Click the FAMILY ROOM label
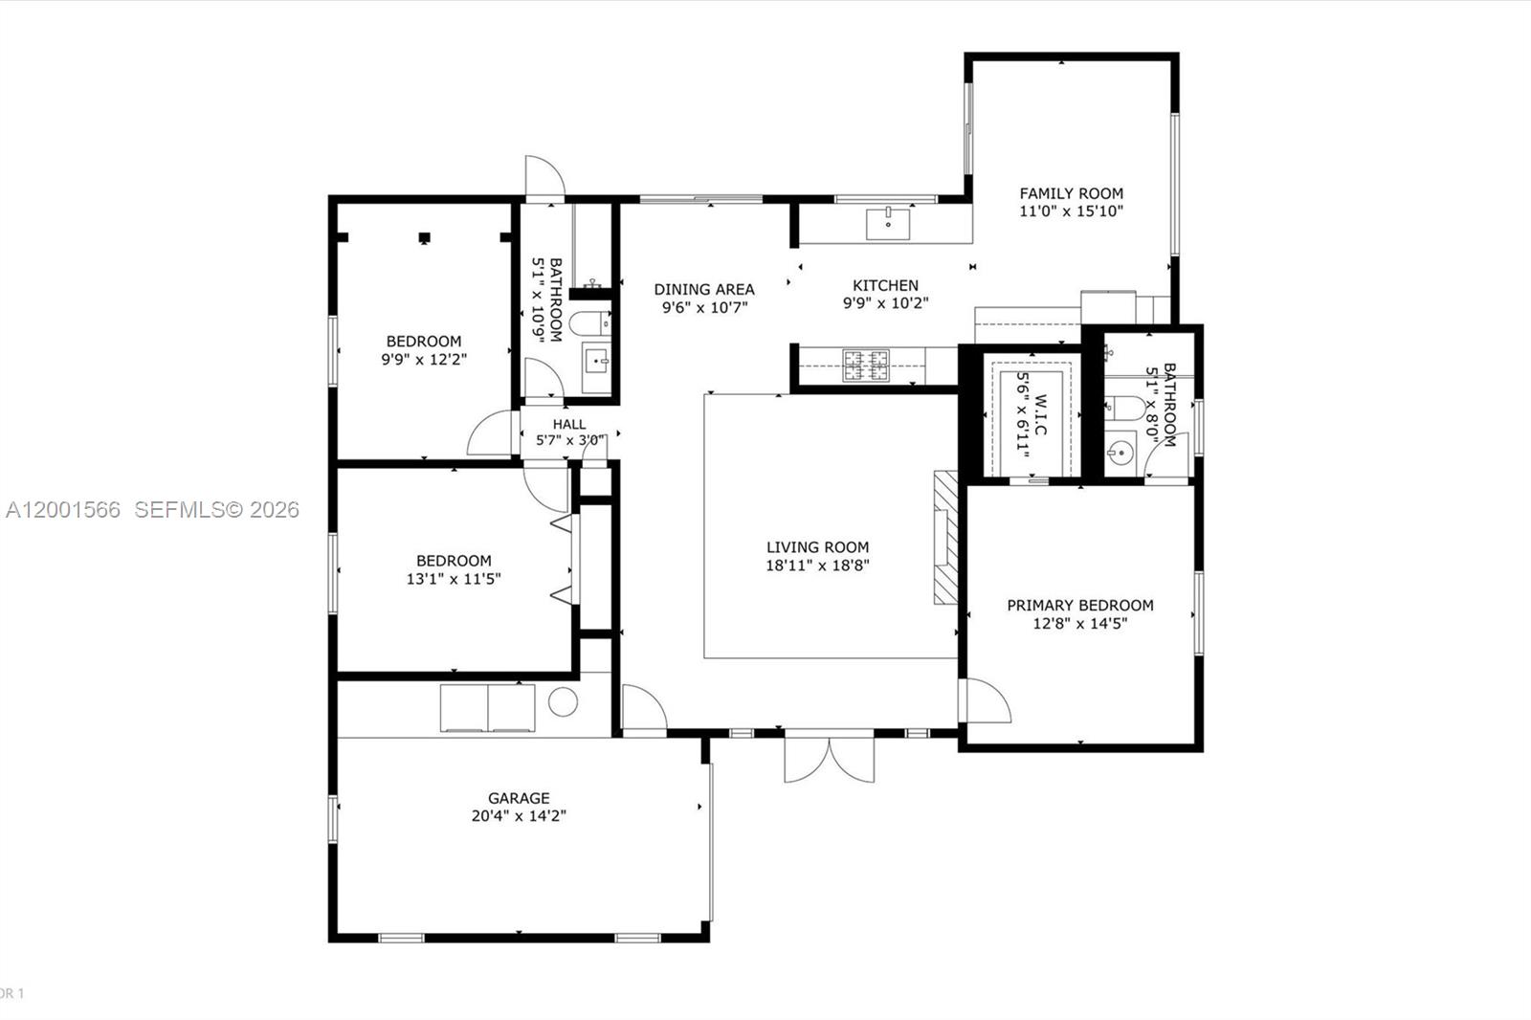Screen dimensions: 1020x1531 [1071, 193]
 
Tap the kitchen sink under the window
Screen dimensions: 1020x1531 [889, 224]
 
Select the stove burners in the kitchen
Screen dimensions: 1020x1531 [865, 366]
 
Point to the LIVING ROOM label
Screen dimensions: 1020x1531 [817, 547]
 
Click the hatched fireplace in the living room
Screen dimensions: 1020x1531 [945, 537]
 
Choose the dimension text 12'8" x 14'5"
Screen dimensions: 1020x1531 [1079, 624]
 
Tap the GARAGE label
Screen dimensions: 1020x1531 [519, 798]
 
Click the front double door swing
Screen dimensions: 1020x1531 [829, 758]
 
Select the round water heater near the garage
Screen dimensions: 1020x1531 [563, 701]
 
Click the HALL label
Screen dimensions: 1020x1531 [568, 425]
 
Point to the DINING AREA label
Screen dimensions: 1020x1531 [704, 289]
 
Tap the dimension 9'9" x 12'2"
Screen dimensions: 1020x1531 [424, 360]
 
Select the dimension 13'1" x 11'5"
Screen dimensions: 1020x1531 [454, 579]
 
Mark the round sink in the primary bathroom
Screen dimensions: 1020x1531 [1120, 450]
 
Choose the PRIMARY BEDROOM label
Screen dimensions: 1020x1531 [1079, 605]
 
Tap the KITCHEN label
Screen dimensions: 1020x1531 [885, 285]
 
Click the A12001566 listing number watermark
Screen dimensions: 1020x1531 [63, 510]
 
